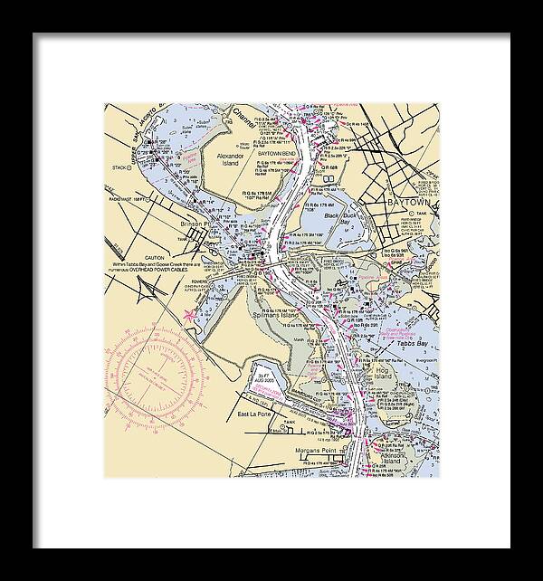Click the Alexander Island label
pyautogui.click(x=232, y=160)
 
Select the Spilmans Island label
pyautogui.click(x=331, y=315)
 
